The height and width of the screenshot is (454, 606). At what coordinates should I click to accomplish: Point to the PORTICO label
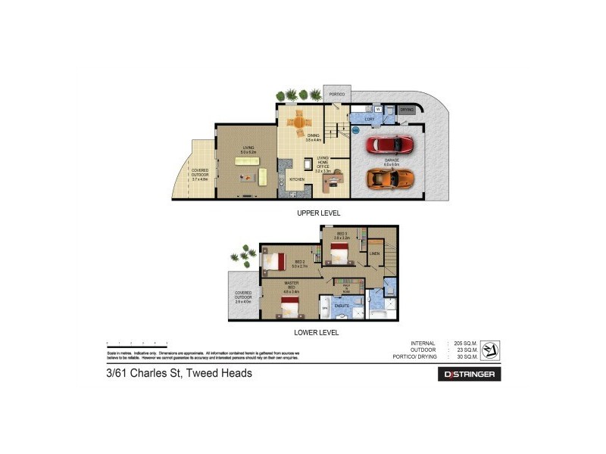[x=336, y=94]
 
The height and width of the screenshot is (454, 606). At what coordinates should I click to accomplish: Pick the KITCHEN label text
[x=297, y=179]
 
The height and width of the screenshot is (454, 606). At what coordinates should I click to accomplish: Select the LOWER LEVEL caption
[x=317, y=331]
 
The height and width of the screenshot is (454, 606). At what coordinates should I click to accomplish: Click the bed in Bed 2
[x=273, y=262]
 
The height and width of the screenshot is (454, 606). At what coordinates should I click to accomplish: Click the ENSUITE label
[x=342, y=306]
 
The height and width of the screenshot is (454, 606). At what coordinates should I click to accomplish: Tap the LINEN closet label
[x=374, y=253]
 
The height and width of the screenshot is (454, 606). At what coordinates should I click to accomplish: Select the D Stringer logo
[x=470, y=374]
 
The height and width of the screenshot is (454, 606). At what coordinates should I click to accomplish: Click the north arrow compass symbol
[x=490, y=349]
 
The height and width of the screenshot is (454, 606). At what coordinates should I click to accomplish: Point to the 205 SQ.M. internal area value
[x=463, y=344]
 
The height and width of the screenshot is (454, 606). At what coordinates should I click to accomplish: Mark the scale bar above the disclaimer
[x=137, y=344]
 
